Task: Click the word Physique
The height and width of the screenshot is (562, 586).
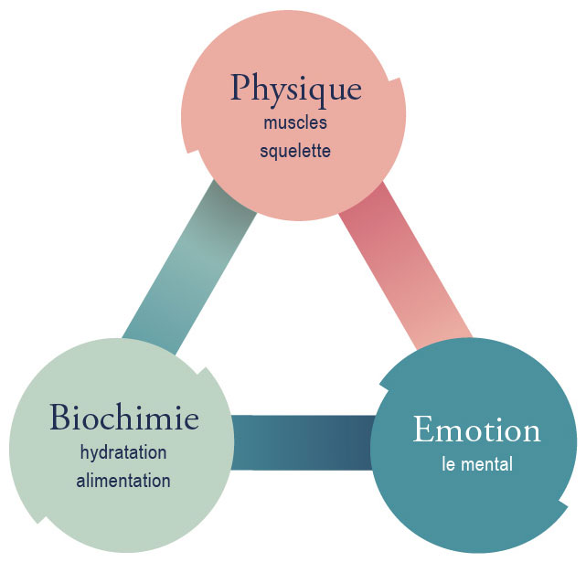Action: [295, 89]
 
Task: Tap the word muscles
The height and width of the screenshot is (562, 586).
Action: [294, 122]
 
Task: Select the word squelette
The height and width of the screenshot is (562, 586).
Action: [294, 150]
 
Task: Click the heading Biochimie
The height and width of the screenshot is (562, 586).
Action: [124, 419]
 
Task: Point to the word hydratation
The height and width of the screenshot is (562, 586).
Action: [124, 452]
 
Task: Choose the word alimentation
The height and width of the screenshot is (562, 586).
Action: [124, 480]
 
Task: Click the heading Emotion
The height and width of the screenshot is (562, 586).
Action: [476, 429]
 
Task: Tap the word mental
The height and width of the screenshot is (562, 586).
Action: [485, 463]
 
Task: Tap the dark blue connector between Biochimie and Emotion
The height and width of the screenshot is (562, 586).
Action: [301, 442]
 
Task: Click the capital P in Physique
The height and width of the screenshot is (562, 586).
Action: [241, 89]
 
